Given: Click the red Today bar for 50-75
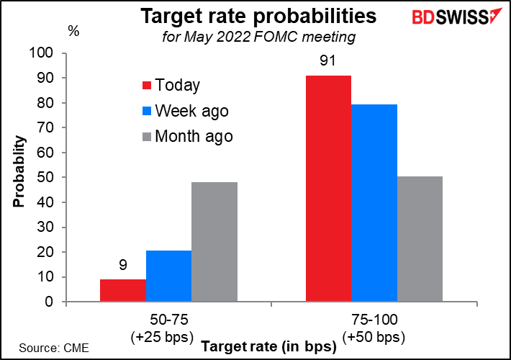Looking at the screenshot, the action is tap(123, 290).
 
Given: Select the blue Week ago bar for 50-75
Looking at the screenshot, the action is tap(169, 276).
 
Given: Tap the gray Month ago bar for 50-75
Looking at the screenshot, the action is tap(214, 242).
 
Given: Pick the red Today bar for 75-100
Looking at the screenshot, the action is tap(328, 189).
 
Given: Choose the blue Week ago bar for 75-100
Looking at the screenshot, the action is tap(374, 203).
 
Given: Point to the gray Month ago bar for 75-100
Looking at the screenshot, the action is tap(420, 239).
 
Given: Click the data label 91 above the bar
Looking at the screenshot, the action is tap(327, 60).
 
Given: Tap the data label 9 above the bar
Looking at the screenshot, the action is tap(123, 265).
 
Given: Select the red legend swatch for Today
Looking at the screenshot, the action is tap(147, 86).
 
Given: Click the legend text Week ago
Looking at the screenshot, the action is tap(192, 111).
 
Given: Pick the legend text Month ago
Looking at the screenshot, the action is tap(194, 136).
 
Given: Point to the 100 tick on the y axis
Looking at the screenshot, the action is tap(41, 53).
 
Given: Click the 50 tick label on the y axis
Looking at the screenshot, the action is tap(45, 177).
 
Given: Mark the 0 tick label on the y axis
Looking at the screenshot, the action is tap(49, 302).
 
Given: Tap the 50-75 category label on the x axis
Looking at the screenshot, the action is tap(169, 320).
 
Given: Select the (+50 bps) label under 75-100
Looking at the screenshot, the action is tap(374, 337).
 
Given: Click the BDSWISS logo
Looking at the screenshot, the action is tap(457, 17).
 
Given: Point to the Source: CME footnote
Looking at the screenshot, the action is tap(54, 348).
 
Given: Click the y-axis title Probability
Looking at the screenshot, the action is tap(19, 171).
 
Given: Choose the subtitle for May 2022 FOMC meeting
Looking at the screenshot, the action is tap(259, 37).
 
